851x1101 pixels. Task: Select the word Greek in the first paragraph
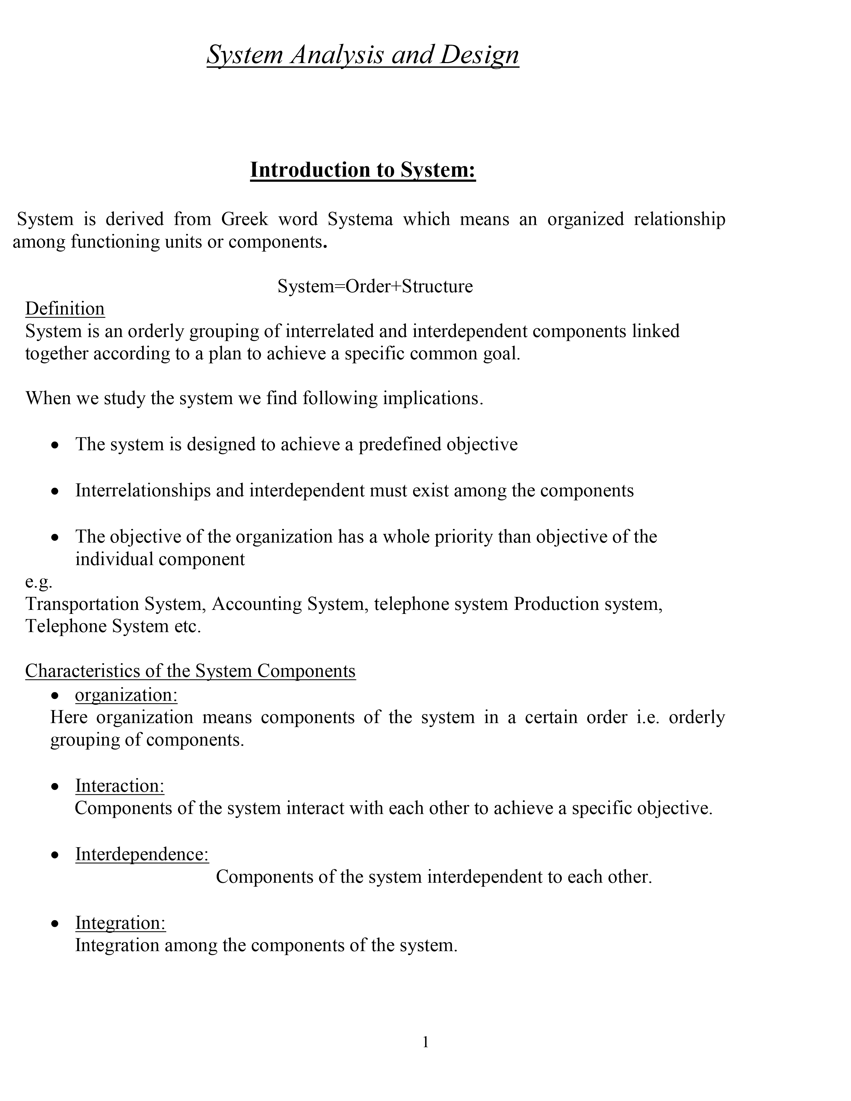(244, 219)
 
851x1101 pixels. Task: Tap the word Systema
(360, 219)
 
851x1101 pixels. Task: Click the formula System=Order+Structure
(375, 286)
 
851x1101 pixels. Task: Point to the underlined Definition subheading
(65, 309)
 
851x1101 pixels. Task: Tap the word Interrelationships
(143, 490)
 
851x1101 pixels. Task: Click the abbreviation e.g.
(39, 582)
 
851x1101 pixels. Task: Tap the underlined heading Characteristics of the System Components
(190, 671)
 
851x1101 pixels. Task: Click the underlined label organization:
(126, 695)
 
